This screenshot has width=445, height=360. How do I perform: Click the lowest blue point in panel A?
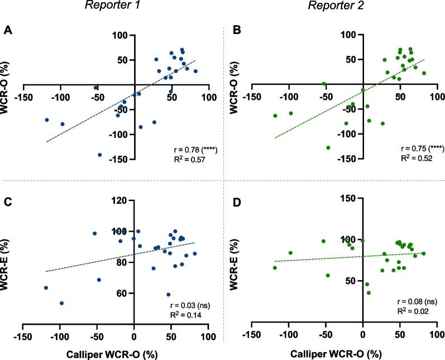(x=100, y=155)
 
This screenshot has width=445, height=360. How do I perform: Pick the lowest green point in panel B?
(x=328, y=147)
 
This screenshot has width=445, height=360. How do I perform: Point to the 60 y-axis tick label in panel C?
(x=121, y=293)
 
